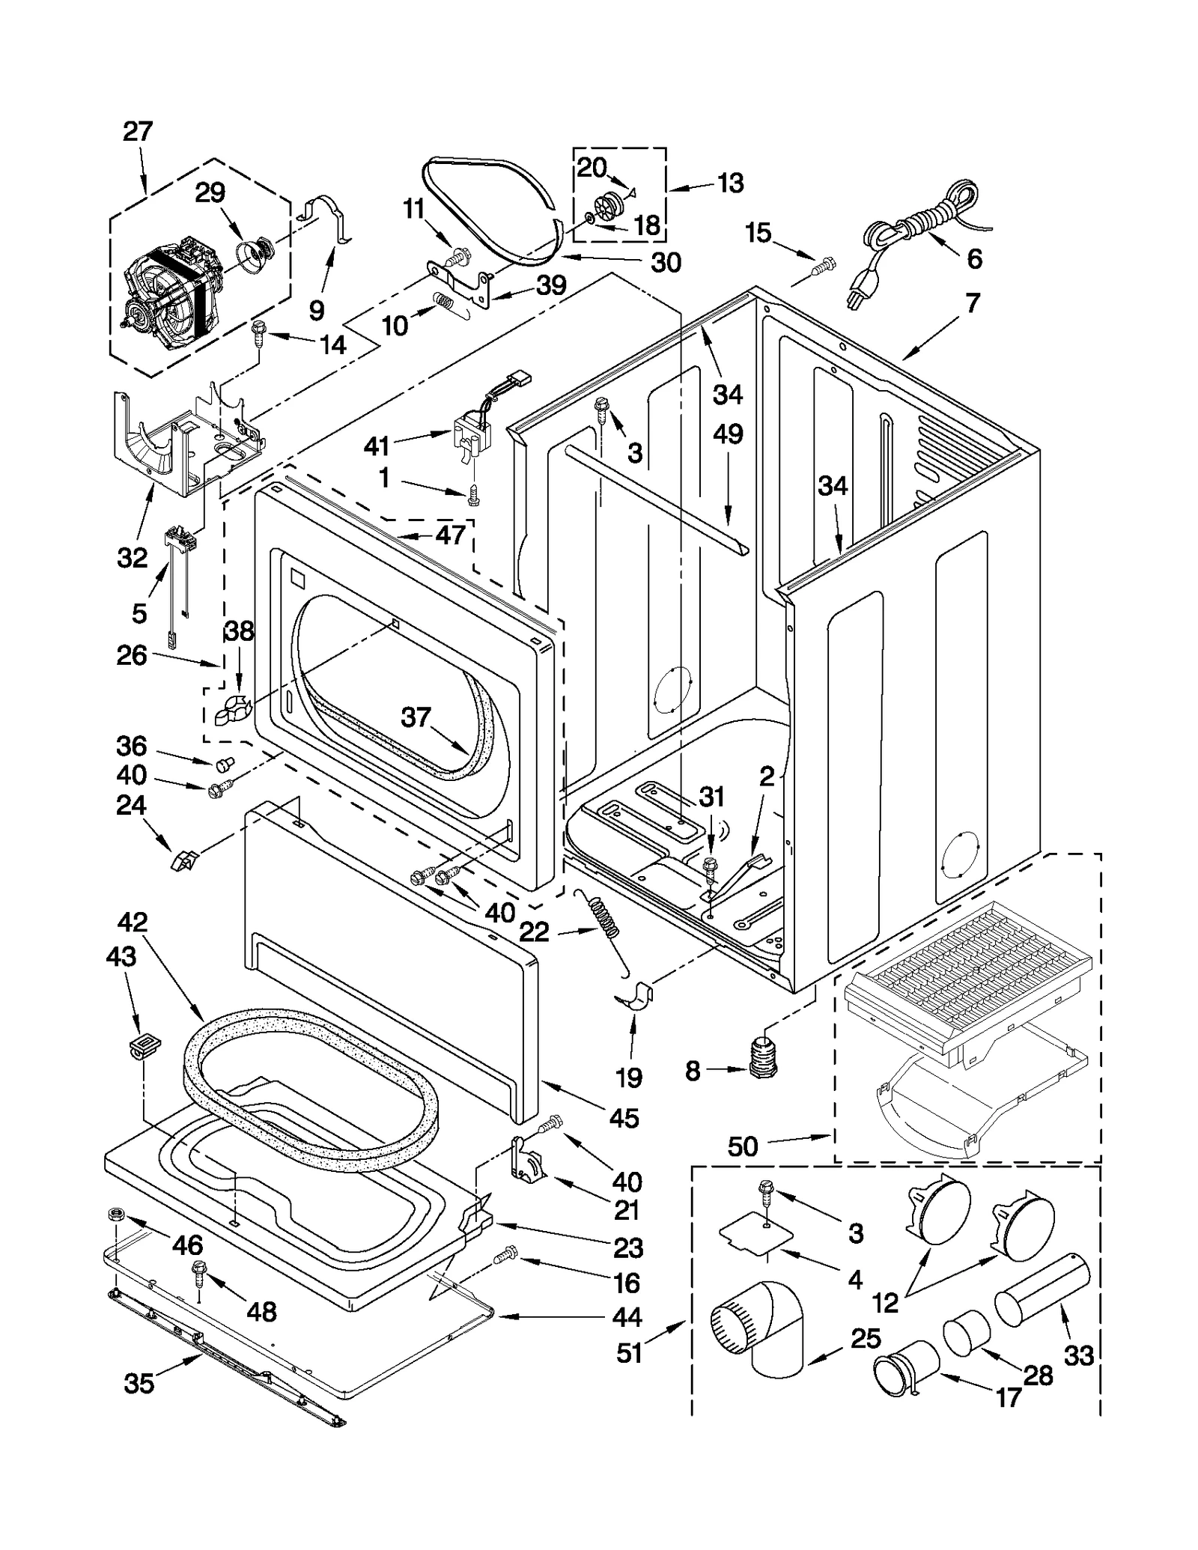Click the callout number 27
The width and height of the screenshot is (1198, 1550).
(138, 132)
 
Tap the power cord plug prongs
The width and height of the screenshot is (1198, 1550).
(853, 299)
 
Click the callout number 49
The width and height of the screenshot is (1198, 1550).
(728, 434)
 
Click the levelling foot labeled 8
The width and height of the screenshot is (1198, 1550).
(761, 1058)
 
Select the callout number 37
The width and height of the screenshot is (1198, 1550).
(416, 717)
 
